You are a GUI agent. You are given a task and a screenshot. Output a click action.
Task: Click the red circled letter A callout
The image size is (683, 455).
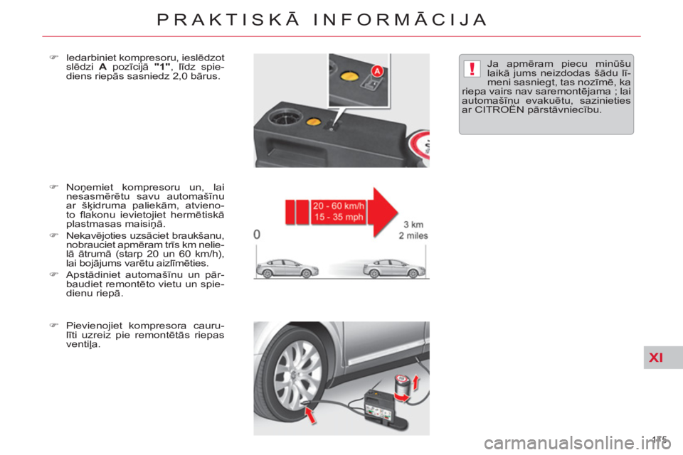coord(376,71)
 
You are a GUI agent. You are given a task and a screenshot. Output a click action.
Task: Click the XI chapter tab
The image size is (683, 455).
coord(655,358)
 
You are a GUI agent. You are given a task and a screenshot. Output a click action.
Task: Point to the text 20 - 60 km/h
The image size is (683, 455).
coord(338,206)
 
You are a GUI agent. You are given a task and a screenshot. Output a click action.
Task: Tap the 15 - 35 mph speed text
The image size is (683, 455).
coord(338,217)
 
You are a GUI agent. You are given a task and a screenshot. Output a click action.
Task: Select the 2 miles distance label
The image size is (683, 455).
coord(413,236)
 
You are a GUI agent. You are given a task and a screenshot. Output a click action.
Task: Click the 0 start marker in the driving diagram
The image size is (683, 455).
coord(256,234)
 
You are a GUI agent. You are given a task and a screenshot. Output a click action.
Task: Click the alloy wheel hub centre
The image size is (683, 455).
coord(297,373)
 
